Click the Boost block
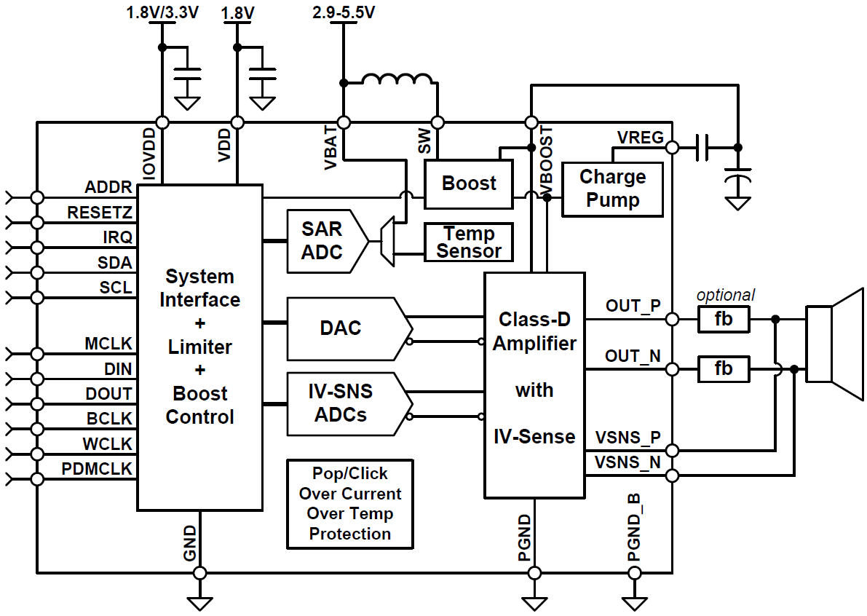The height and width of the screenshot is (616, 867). click(469, 183)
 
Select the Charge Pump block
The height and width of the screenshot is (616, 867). click(612, 189)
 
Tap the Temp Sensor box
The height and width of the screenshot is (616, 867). click(469, 242)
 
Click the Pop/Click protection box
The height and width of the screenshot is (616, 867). click(350, 504)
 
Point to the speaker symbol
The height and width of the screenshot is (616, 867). click(834, 344)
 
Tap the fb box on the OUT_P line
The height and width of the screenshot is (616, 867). click(724, 320)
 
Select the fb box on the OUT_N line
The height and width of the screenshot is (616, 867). click(724, 370)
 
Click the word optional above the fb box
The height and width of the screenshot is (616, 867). click(725, 295)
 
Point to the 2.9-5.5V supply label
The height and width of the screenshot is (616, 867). click(344, 12)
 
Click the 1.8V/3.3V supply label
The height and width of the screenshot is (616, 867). click(161, 12)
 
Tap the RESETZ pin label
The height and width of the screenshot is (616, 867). click(100, 213)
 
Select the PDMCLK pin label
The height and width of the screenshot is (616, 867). click(98, 469)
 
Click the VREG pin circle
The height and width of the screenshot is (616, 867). click(673, 148)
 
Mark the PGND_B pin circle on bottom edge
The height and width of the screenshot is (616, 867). click(636, 573)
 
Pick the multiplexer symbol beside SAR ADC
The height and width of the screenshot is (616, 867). click(387, 241)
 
